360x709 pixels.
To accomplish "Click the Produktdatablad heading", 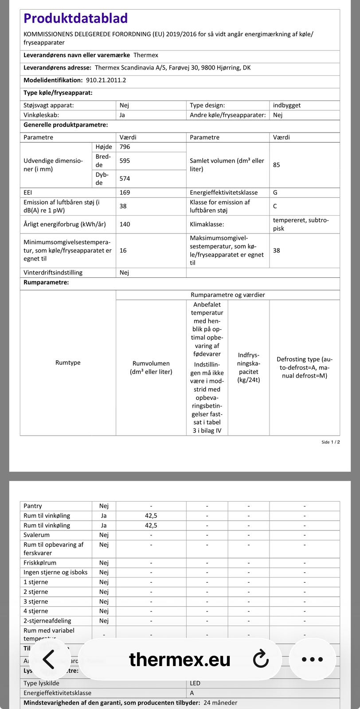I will pos(75,18).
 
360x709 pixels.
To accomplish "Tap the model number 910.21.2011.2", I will pos(106,80).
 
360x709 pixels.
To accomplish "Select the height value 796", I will pos(125,147).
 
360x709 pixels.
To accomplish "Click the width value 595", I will pos(125,161).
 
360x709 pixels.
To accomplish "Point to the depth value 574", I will pos(125,179).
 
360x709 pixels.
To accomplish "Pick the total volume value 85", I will pos(277,165).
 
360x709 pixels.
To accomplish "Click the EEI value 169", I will pos(125,193).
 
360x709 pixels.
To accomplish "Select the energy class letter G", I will pos(275,193).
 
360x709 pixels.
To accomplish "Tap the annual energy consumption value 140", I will pos(125,224).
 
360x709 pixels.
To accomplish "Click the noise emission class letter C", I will pos(275,206).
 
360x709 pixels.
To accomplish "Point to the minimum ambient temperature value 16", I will pos(123,250).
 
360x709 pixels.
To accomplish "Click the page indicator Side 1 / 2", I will pos(331,442).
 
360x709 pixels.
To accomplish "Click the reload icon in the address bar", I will pos(261,659).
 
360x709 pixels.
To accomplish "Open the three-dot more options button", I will pos(313,659).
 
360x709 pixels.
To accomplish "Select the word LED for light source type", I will pos(195,683).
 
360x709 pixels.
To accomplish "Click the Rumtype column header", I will pos(68,362).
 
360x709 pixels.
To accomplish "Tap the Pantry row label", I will pos(33,506).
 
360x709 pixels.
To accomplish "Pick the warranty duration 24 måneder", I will pos(220,703).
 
